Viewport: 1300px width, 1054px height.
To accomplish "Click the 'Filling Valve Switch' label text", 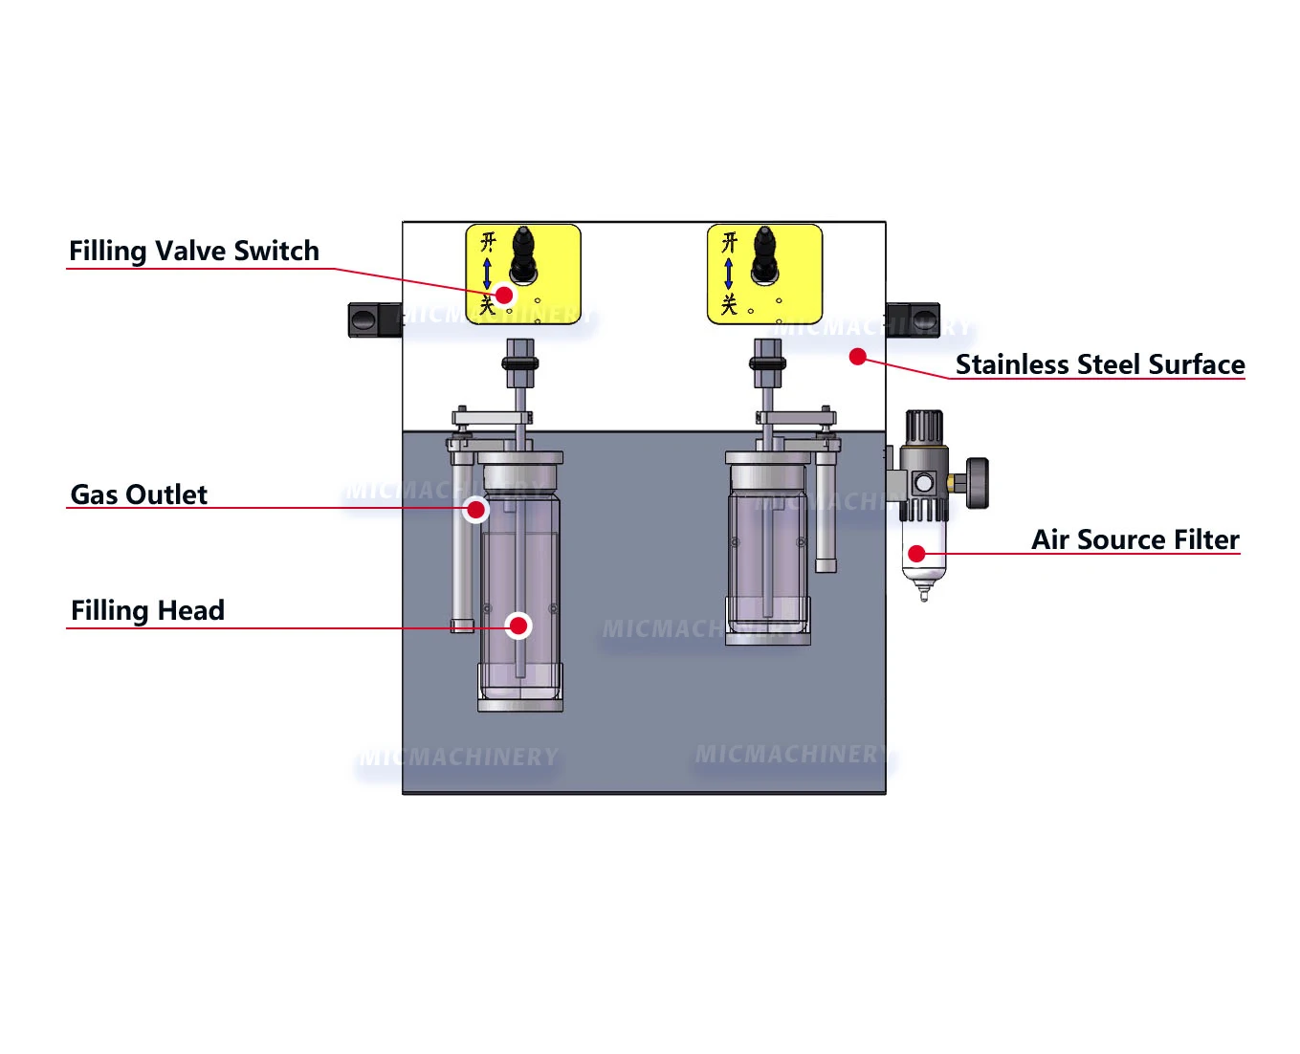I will coord(193,251).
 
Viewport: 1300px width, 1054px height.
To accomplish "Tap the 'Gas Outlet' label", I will coord(139,494).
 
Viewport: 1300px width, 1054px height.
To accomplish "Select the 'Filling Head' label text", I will coord(147,610).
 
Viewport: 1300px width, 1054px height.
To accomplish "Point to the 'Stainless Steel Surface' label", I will coord(1099,364).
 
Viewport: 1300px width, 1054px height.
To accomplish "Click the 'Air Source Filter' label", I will coord(1135,539).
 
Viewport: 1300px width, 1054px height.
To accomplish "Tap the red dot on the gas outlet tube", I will coord(475,509).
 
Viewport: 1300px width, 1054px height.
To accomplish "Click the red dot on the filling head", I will coord(518,626).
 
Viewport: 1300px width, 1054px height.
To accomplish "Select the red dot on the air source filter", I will coord(916,553).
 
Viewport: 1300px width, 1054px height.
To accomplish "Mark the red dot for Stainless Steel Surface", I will coord(858,357).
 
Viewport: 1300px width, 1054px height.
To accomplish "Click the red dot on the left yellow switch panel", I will coord(504,295).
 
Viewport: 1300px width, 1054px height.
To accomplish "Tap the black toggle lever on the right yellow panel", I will coord(763,253).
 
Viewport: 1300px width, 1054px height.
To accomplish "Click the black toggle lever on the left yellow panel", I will coord(522,253).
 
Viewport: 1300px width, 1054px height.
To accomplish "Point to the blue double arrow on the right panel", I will coord(729,274).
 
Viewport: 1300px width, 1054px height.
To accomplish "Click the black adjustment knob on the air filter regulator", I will coord(977,483).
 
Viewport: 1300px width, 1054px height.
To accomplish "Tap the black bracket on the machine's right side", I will coord(914,318).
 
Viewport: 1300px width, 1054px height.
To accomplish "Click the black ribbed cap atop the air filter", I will coord(924,427).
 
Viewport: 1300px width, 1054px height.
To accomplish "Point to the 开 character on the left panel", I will coord(488,241).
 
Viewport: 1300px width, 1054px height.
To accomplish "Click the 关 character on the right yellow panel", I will coord(729,305).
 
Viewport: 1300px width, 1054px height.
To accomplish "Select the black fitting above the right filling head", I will coord(767,363).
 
